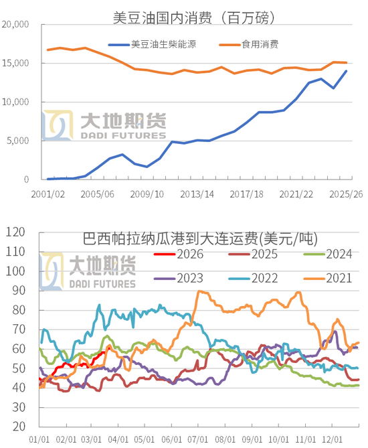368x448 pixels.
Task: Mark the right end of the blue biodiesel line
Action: pos(346,71)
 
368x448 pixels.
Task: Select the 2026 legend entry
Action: pos(191,254)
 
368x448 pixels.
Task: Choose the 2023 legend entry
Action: pos(191,279)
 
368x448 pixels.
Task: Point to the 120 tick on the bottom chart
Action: pos(15,233)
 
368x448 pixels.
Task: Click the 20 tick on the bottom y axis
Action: pos(17,427)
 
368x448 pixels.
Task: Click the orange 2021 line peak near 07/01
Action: pos(199,291)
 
